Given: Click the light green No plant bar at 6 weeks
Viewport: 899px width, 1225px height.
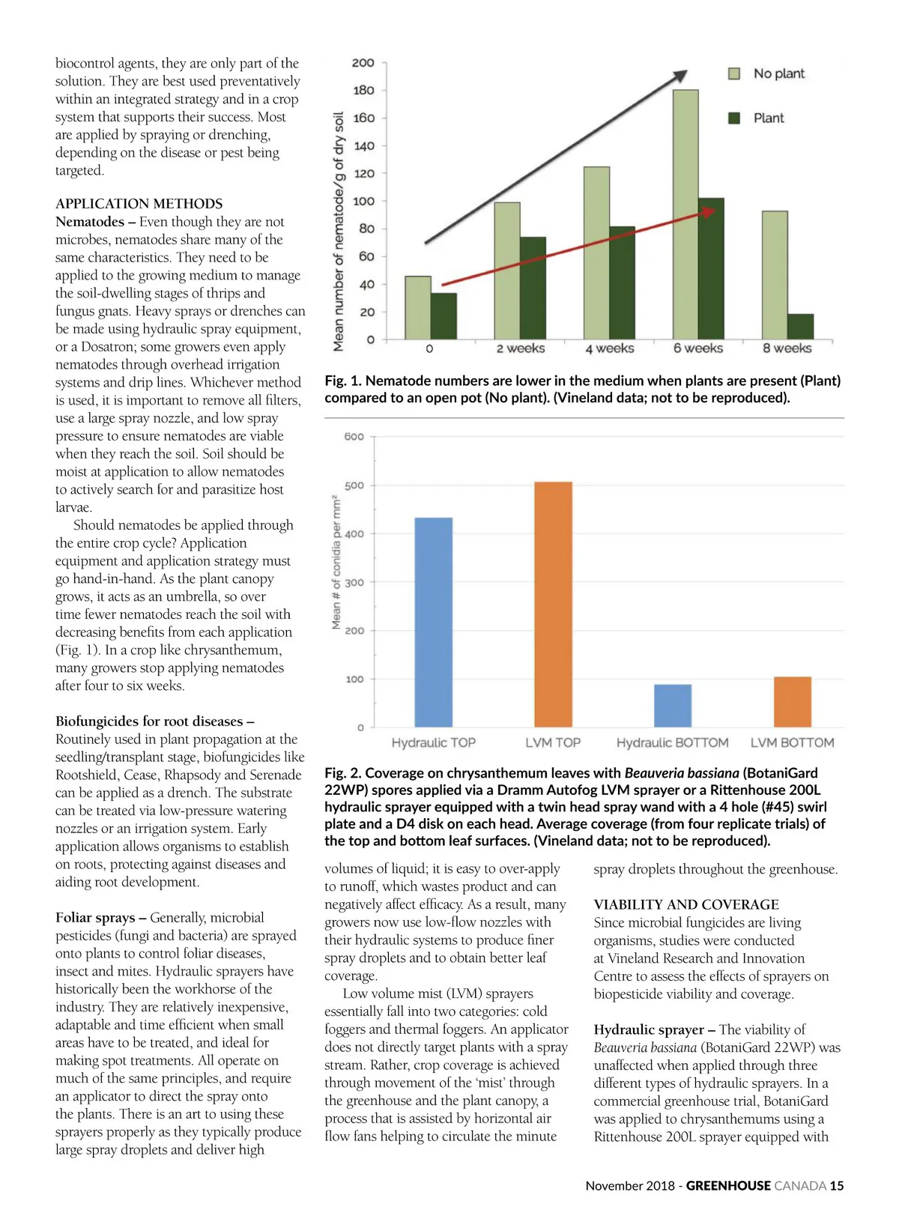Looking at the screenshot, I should (x=685, y=214).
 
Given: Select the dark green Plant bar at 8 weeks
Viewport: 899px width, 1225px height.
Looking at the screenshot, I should (x=800, y=327).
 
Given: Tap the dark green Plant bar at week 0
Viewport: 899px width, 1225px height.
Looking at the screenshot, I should (x=444, y=315).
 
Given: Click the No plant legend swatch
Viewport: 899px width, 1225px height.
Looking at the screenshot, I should (x=735, y=73).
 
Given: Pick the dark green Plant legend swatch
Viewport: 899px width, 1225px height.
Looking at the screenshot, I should (x=735, y=118).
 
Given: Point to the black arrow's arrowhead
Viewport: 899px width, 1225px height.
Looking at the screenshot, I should (x=679, y=76).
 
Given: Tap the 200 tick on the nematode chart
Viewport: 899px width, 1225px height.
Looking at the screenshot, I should (x=363, y=63).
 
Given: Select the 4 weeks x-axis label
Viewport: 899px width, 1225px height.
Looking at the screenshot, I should (x=610, y=348).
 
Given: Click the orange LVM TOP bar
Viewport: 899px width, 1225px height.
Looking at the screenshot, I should (x=553, y=604).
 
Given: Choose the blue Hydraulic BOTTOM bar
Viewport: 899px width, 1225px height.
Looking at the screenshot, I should (x=673, y=705).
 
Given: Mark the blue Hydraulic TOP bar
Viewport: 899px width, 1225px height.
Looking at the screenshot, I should (x=434, y=622).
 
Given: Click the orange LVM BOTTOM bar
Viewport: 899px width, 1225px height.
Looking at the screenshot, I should (x=792, y=701).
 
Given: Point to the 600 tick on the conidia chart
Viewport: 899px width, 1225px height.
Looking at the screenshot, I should (x=354, y=437).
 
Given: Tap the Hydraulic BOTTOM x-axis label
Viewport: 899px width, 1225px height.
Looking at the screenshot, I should (x=672, y=742).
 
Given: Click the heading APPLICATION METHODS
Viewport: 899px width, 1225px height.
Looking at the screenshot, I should (x=139, y=204).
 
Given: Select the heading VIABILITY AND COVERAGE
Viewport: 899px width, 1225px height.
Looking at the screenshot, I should (x=686, y=904).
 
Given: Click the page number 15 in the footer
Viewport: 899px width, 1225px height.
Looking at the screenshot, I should (x=837, y=1185).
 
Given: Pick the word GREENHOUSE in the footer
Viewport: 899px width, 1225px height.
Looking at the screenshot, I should (x=728, y=1185).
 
